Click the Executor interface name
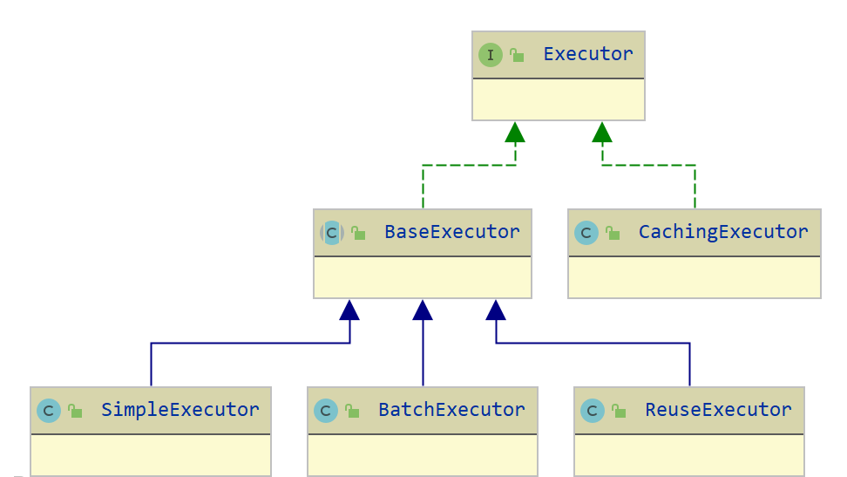point(587,54)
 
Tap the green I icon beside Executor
point(491,55)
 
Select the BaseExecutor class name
point(451,232)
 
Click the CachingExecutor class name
point(723,232)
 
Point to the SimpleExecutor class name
point(180,410)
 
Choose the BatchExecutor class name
point(451,410)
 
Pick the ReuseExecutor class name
point(718,410)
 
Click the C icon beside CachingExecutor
point(586,233)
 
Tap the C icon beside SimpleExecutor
point(49,411)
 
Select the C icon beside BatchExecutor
point(326,411)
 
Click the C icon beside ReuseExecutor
point(593,411)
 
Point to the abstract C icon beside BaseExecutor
point(332,233)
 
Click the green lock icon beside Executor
point(517,56)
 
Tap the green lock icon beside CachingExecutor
point(613,233)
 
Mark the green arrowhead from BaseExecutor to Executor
point(515,133)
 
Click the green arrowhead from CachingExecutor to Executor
point(601,133)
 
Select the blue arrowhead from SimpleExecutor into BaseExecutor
point(349,310)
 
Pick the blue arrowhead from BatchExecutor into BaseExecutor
point(423,310)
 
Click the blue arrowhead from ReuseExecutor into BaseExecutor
point(496,310)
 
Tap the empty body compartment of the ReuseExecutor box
point(688,454)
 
